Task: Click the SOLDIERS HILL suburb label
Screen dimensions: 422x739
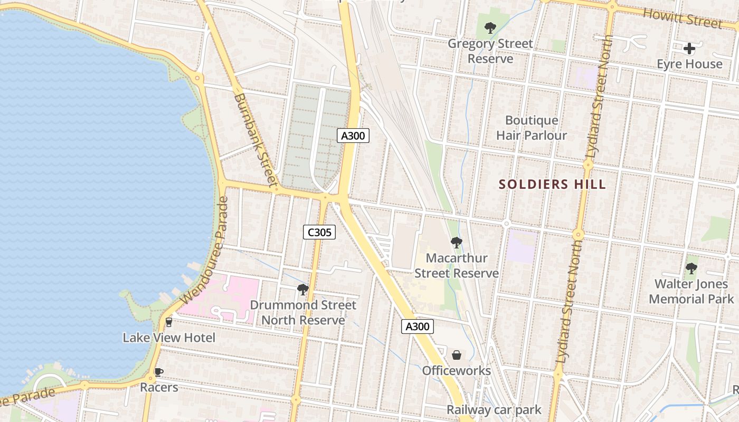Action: coord(552,185)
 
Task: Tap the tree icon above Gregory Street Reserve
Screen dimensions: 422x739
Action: coord(490,28)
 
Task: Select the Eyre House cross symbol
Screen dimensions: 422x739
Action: coord(689,49)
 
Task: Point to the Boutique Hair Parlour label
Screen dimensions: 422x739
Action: coord(532,128)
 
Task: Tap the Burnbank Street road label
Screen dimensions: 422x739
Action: coord(255,140)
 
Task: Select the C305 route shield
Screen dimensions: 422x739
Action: coord(319,232)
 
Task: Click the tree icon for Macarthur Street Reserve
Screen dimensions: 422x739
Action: coord(457,243)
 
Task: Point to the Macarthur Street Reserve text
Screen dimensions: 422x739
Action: coord(457,265)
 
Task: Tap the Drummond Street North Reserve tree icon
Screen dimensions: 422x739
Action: coord(302,289)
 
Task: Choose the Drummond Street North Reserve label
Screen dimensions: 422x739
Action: coord(303,312)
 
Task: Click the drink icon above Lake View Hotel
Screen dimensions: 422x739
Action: coord(169,322)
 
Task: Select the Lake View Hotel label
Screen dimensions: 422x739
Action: coord(169,338)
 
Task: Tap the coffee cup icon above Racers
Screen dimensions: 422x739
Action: coord(158,372)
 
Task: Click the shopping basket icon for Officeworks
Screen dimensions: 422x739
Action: coord(457,355)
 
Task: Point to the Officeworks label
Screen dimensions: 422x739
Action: coord(457,371)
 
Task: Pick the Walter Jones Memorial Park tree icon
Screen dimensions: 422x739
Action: coord(691,268)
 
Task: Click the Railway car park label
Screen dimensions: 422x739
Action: coord(494,410)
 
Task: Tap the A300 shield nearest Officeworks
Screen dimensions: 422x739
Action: coord(417,327)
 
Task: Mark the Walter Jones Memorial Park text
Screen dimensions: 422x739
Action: coord(691,292)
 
